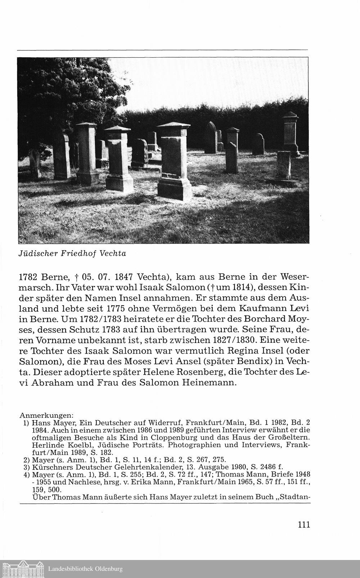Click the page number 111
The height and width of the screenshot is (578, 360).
point(304,524)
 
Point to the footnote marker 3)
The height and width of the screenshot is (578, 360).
point(26,466)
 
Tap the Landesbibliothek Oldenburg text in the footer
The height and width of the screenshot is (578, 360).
point(85,569)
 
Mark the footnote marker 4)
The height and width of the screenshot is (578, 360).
point(26,474)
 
